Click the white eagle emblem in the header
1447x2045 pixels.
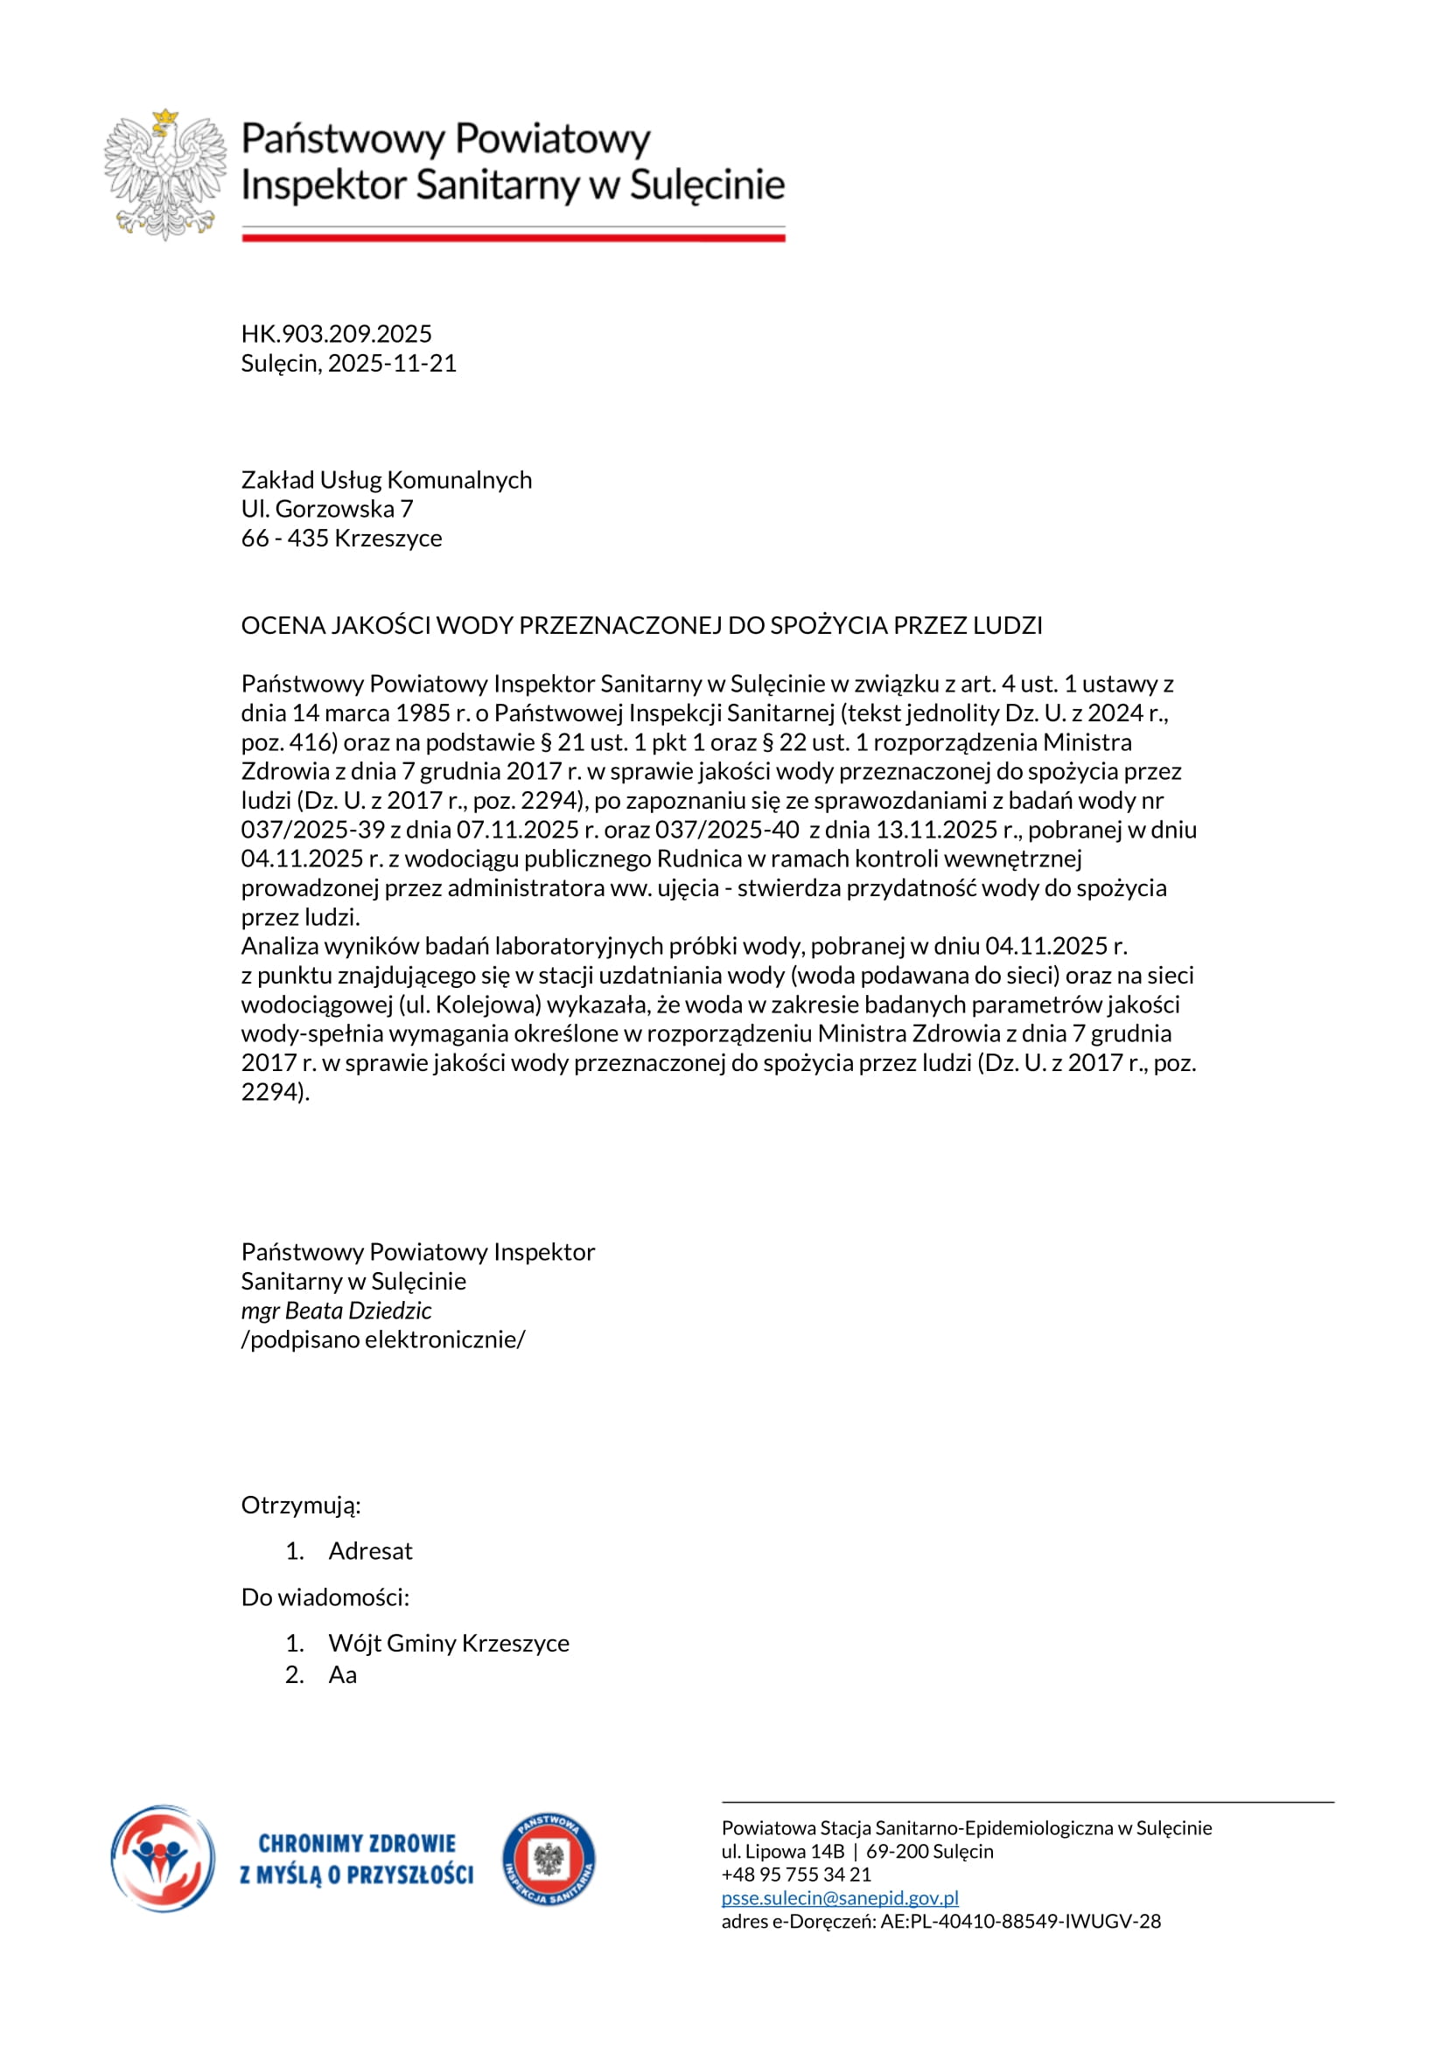pos(165,175)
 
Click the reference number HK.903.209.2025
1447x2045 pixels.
pos(336,334)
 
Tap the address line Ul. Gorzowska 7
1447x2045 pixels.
pos(327,509)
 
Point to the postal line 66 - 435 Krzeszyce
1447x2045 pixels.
pos(341,538)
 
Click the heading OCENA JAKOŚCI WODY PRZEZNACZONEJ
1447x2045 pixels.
pos(640,625)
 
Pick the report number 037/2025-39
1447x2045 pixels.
pos(312,829)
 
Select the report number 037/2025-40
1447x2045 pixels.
pos(727,829)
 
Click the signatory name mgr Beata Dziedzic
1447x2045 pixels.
pos(336,1311)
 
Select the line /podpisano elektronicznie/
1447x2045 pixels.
pos(383,1339)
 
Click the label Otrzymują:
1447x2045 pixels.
pos(301,1506)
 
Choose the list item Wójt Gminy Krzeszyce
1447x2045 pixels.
pos(448,1644)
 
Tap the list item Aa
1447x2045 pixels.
pos(342,1675)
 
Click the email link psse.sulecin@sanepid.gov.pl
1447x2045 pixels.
pos(839,1898)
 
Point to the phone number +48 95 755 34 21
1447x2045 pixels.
pos(795,1875)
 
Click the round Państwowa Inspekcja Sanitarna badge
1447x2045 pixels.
pos(549,1861)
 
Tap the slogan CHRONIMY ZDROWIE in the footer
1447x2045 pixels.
pos(356,1843)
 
